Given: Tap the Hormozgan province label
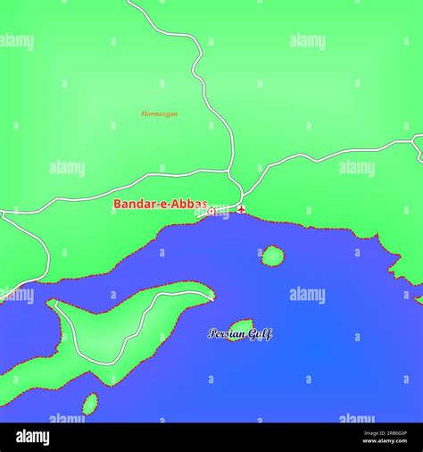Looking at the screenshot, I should (x=160, y=113).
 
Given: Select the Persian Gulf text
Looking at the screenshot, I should (x=239, y=334).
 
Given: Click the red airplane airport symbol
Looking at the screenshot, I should (x=241, y=209).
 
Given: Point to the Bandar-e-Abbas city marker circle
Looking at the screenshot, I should (x=211, y=212).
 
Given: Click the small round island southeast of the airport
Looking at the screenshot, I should (x=272, y=256).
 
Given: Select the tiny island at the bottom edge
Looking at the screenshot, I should (x=90, y=405).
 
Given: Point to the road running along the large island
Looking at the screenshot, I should (x=143, y=322).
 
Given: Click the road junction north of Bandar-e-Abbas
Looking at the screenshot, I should (x=230, y=172).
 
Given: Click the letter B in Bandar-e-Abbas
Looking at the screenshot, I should (x=118, y=204).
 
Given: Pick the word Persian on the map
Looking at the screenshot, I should (x=226, y=334).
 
